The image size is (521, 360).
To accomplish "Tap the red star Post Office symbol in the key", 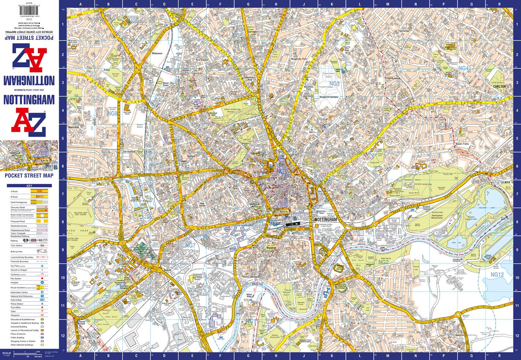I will click(x=42, y=308).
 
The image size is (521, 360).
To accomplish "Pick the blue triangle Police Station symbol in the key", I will click(x=42, y=303).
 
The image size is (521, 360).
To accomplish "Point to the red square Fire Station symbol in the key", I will click(x=42, y=278).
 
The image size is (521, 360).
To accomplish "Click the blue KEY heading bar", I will click(x=29, y=186).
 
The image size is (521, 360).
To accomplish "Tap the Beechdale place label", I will click(x=75, y=127).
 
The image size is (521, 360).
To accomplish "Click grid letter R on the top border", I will click(x=499, y=5).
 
